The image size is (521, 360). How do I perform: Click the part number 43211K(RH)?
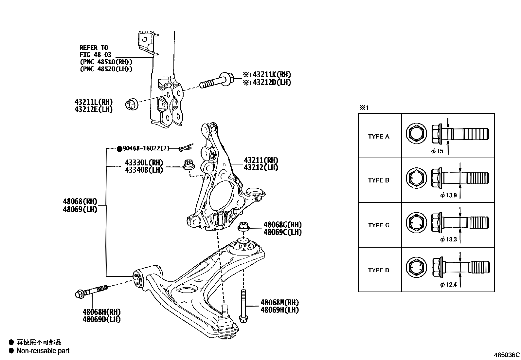tap(269, 75)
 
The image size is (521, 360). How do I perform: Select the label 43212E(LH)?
tap(94, 110)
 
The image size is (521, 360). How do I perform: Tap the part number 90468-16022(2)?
tap(146, 149)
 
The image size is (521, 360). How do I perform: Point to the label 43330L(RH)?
tap(144, 163)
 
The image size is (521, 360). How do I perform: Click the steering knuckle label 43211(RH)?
tap(261, 161)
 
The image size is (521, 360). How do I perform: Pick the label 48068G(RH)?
tap(282, 225)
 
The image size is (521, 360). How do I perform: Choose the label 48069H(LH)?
tap(279, 310)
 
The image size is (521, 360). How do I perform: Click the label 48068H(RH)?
tap(101, 312)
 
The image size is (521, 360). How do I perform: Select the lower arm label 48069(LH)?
tap(80, 209)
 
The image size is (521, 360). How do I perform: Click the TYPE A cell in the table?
tap(379, 137)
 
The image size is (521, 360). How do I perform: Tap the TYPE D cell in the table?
tap(379, 270)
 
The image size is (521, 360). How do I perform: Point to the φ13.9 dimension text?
tap(448, 196)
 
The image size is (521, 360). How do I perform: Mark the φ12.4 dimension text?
tap(448, 285)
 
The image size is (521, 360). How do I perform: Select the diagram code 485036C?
tap(507, 355)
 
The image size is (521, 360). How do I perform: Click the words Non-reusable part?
tap(43, 351)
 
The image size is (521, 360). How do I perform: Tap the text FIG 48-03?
tap(94, 55)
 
